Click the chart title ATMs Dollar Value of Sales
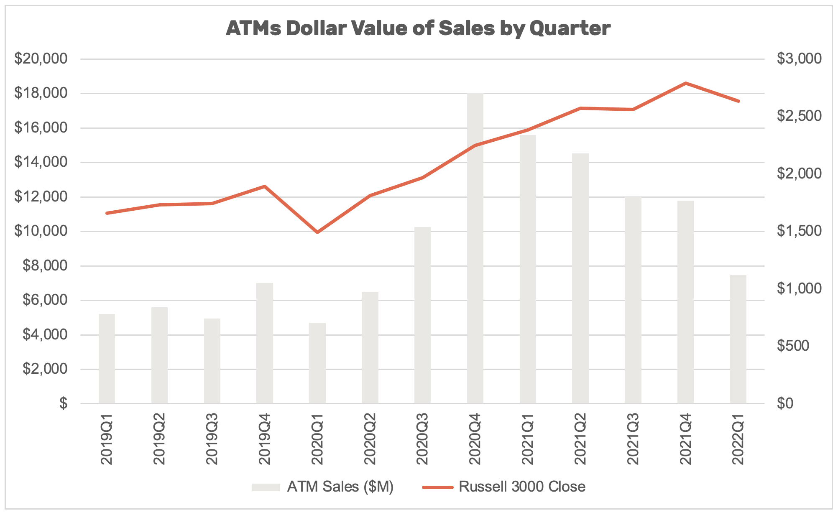pos(418,28)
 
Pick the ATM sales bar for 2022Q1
pos(738,339)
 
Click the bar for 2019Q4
pos(264,343)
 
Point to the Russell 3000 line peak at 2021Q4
pos(685,83)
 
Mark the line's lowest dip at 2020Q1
pos(317,232)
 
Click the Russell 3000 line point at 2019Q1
pos(107,213)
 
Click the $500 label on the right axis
pos(793,346)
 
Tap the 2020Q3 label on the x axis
pos(422,439)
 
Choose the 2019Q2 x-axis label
pos(159,439)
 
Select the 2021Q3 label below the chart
pos(633,439)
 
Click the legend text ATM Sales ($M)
pos(340,487)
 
